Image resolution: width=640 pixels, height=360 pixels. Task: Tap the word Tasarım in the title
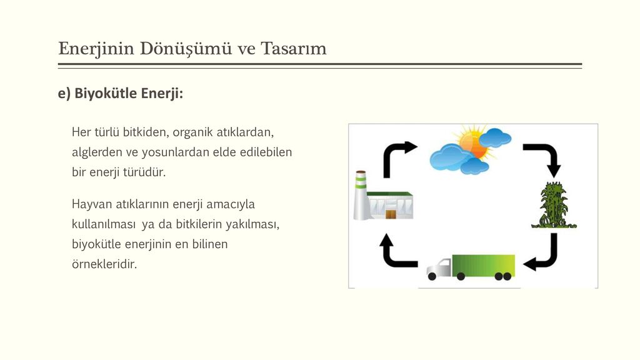294,49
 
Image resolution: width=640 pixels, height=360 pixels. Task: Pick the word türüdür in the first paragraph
145,172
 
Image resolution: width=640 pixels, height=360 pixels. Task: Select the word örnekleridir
104,264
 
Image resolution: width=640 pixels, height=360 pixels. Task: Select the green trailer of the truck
483,266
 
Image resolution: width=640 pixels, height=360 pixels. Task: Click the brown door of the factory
391,214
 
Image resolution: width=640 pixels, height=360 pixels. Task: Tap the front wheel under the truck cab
432,277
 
